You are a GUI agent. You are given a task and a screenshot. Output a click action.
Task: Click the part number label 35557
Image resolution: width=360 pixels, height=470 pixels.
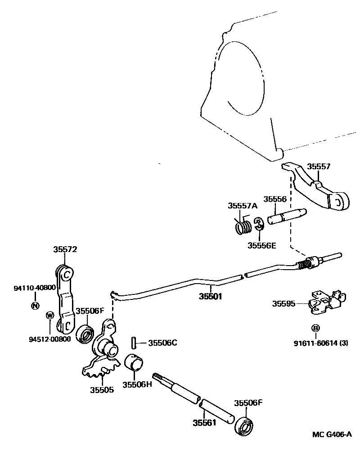click(x=319, y=167)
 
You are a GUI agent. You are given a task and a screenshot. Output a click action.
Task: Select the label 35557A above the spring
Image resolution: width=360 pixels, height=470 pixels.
click(x=242, y=206)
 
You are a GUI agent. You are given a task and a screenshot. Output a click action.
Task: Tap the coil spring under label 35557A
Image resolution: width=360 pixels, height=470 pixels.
click(x=243, y=225)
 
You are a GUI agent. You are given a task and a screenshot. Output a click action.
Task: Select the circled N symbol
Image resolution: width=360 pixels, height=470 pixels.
click(x=35, y=306)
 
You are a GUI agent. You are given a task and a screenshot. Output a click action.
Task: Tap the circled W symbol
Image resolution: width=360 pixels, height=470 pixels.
click(x=50, y=314)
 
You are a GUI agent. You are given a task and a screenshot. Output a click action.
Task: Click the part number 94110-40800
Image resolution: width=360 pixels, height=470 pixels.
click(x=34, y=287)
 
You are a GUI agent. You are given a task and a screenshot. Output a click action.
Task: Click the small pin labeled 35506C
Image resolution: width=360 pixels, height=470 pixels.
click(x=134, y=343)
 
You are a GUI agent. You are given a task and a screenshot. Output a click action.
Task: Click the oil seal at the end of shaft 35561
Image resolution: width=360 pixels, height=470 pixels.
click(x=245, y=426)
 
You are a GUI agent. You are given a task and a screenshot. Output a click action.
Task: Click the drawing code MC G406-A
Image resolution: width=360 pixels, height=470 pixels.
click(x=332, y=434)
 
